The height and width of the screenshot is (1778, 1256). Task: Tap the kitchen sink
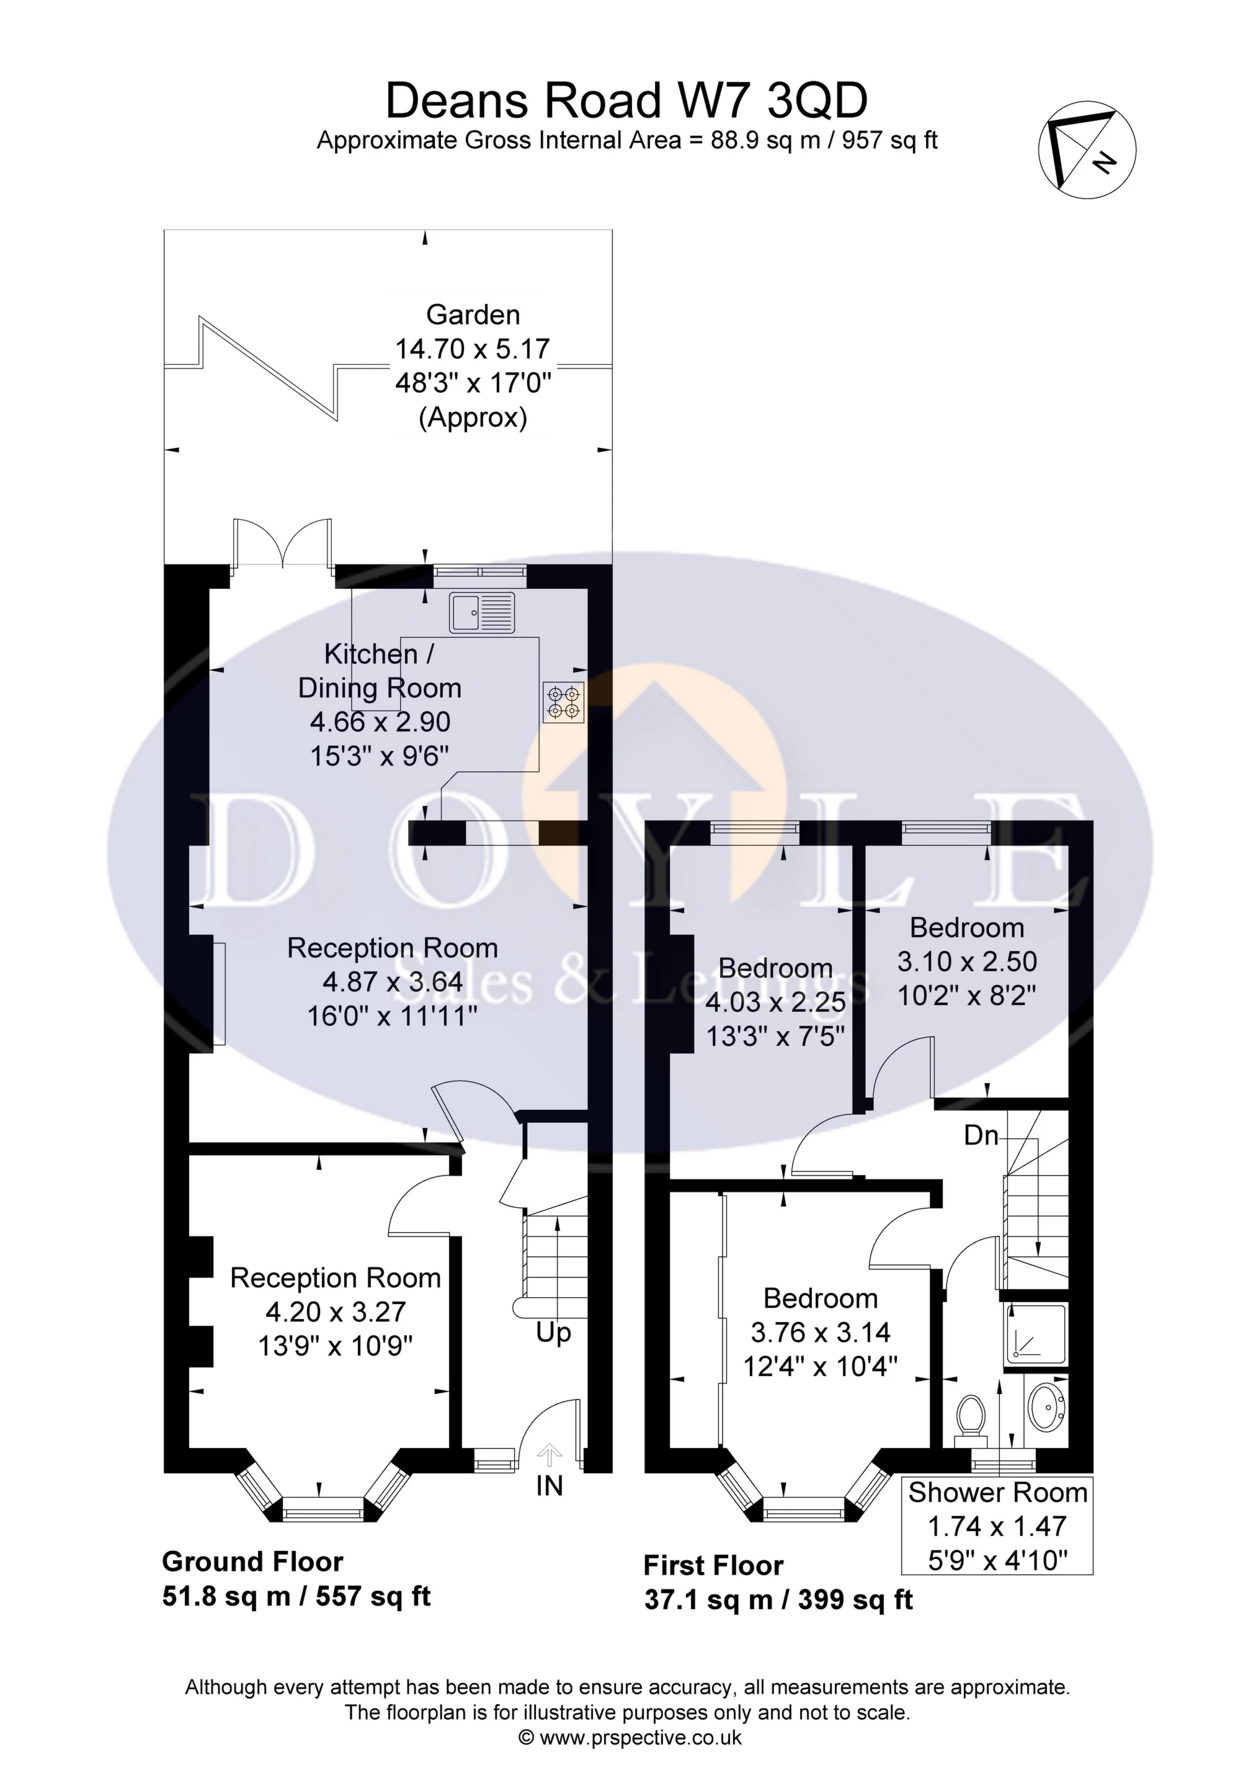[x=481, y=612]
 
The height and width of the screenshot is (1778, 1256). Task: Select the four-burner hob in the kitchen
[x=564, y=702]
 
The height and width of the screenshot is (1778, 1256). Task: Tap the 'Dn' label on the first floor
[x=981, y=1135]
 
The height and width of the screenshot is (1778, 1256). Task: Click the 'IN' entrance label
[x=549, y=1486]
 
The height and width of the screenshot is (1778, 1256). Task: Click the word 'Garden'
[x=473, y=315]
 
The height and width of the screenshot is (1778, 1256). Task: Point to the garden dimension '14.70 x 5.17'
[x=473, y=349]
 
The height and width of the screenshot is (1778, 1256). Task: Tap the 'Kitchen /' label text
[x=378, y=654]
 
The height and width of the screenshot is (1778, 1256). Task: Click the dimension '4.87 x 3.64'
[x=393, y=982]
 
